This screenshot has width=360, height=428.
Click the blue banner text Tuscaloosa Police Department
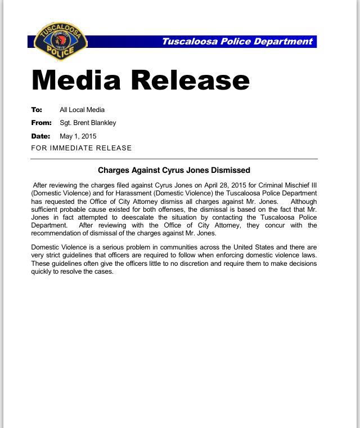(x=236, y=42)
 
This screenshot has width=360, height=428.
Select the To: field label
(x=37, y=110)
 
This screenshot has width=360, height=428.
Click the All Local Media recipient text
(x=82, y=110)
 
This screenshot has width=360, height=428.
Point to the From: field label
(x=42, y=123)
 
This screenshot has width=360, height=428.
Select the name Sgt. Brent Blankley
(x=88, y=123)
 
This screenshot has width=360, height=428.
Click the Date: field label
(x=40, y=136)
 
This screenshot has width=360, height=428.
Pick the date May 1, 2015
(x=78, y=136)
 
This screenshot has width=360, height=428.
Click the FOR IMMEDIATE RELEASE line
(x=82, y=148)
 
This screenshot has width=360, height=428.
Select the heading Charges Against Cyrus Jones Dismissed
(x=174, y=170)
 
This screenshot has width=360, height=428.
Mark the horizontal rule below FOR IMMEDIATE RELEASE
(x=174, y=159)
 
